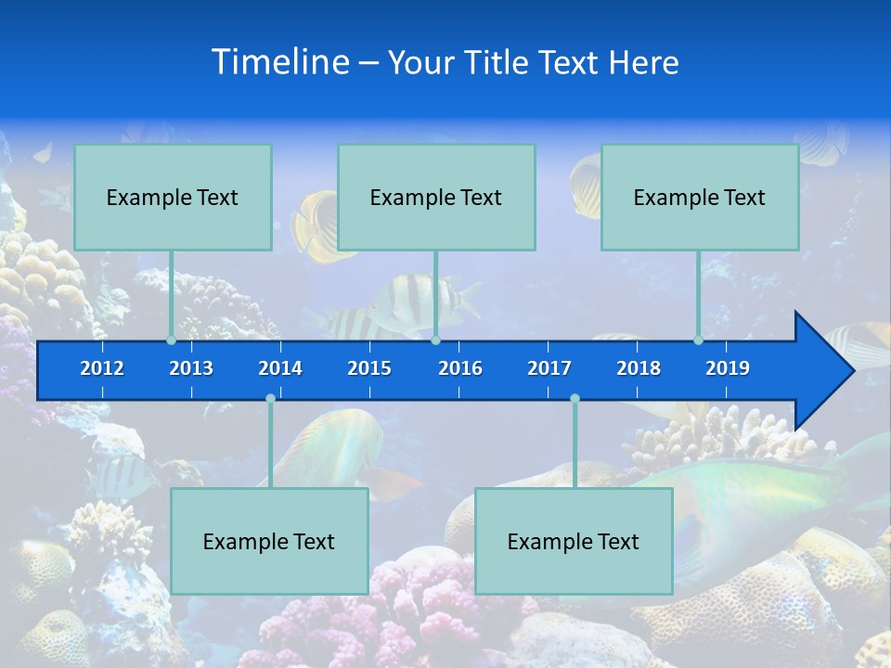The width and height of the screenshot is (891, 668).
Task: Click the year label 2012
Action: pyautogui.click(x=102, y=368)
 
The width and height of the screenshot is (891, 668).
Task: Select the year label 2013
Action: pyautogui.click(x=191, y=368)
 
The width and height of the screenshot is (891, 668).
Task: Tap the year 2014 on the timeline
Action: pyautogui.click(x=280, y=368)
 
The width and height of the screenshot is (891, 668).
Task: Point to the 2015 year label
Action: pyautogui.click(x=369, y=368)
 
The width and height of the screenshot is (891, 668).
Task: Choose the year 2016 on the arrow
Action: pyautogui.click(x=460, y=368)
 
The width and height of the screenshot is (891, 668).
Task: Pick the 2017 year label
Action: pyautogui.click(x=549, y=368)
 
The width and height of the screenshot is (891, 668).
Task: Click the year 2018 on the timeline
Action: pyautogui.click(x=639, y=368)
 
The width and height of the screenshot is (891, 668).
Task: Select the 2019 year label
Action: pyautogui.click(x=728, y=368)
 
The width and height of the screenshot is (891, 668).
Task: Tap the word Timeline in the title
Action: pyautogui.click(x=280, y=62)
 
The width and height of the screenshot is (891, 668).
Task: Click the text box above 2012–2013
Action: pyautogui.click(x=173, y=197)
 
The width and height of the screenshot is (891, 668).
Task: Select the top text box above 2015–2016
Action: pyautogui.click(x=436, y=197)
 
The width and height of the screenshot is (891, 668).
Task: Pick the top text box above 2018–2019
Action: pyautogui.click(x=700, y=197)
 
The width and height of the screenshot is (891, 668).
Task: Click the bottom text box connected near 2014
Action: pyautogui.click(x=269, y=541)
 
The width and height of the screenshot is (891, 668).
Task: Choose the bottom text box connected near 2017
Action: pyautogui.click(x=574, y=541)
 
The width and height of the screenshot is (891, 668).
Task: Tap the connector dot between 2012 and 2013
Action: pyautogui.click(x=172, y=340)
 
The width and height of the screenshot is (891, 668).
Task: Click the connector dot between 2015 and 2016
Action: pyautogui.click(x=435, y=340)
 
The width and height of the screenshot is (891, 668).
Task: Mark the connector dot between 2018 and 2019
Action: pyautogui.click(x=698, y=340)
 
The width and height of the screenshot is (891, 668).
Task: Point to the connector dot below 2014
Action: pyautogui.click(x=270, y=398)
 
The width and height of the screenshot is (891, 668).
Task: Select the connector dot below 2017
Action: pyautogui.click(x=575, y=398)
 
